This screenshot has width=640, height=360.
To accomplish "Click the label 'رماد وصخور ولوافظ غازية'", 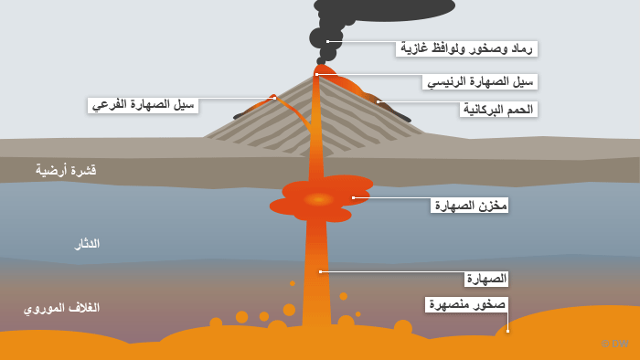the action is (x=466, y=49).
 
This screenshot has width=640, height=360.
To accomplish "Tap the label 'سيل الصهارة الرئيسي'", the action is (x=480, y=81).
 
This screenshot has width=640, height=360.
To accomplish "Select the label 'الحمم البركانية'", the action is (x=498, y=110).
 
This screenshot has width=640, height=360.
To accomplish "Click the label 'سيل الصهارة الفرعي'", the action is (x=143, y=105).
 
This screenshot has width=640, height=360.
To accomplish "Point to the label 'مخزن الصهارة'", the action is (x=470, y=205).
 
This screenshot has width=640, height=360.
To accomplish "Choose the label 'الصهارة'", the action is (x=486, y=279).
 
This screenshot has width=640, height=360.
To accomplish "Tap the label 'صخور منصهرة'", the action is (x=467, y=304).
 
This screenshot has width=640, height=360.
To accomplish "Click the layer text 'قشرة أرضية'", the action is (x=66, y=170).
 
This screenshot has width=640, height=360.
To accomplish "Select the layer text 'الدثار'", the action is (x=87, y=244).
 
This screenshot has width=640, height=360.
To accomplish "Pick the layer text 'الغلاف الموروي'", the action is (x=61, y=308).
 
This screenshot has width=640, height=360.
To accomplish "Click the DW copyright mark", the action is (x=615, y=344).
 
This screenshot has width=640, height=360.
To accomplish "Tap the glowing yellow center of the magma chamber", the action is (x=319, y=199).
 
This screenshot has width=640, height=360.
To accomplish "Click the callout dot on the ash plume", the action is (x=327, y=42).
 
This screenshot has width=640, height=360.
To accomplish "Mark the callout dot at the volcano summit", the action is (x=316, y=74).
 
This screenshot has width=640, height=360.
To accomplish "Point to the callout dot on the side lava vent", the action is (x=274, y=98).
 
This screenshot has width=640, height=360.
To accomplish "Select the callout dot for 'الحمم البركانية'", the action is (x=378, y=102).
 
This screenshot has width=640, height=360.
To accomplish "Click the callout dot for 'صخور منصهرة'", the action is (x=507, y=331).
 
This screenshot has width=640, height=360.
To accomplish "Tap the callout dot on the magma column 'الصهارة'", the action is (x=320, y=271).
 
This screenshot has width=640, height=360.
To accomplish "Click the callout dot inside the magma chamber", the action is (x=354, y=197).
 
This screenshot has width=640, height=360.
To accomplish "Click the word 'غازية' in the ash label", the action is (x=414, y=48).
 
